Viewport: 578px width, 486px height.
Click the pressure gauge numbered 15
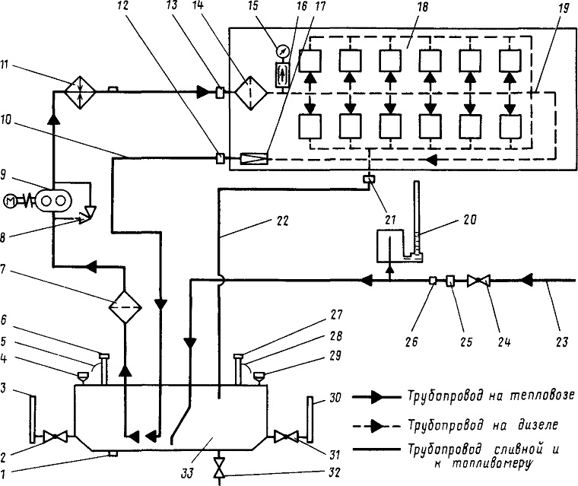click(283, 50)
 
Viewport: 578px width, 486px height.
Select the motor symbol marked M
click(11, 201)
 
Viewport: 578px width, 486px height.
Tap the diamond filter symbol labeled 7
click(125, 307)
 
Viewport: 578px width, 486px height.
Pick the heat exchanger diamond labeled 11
click(80, 92)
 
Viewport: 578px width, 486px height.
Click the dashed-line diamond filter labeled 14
click(251, 93)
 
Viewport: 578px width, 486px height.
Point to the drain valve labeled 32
click(219, 468)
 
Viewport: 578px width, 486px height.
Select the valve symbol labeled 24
click(478, 281)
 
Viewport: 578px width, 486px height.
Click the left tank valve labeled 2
click(56, 437)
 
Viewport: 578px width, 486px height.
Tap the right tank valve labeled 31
click(286, 437)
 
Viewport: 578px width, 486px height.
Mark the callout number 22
click(282, 221)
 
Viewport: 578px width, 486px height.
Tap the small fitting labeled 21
click(369, 179)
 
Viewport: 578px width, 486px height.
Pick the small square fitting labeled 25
click(450, 281)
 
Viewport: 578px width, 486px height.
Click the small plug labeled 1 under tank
click(113, 453)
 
